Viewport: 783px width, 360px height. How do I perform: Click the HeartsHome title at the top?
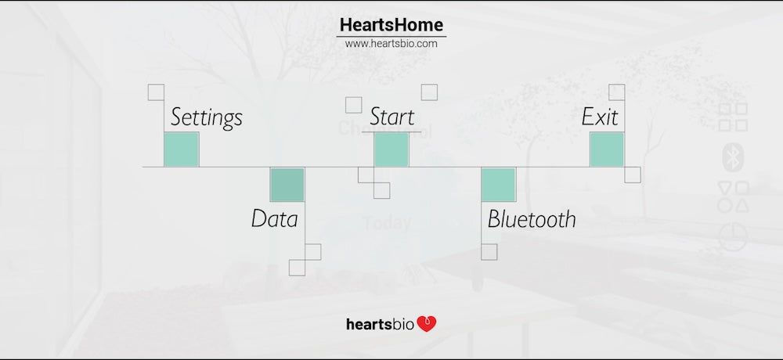391,24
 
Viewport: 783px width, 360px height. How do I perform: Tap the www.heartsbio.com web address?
391,44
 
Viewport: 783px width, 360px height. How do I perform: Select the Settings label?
206,118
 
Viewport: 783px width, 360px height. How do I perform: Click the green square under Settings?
182,149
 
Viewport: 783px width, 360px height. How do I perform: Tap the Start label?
392,117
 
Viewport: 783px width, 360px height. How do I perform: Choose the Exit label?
600,117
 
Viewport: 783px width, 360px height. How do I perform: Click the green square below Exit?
607,149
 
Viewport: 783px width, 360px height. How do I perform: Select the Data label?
274,218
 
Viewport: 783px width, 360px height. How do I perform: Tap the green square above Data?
287,185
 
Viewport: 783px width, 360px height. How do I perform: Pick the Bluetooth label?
532,218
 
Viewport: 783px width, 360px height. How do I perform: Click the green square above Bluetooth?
498,185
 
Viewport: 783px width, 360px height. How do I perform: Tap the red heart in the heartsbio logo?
427,324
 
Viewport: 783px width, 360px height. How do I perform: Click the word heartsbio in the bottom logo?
380,325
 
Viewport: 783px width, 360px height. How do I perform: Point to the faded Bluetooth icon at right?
733,157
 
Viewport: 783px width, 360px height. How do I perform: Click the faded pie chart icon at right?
733,236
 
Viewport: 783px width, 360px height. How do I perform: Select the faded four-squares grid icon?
733,117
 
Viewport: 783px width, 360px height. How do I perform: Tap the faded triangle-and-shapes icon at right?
733,196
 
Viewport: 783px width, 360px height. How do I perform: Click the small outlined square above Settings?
157,92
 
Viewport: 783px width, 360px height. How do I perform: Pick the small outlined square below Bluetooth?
489,252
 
